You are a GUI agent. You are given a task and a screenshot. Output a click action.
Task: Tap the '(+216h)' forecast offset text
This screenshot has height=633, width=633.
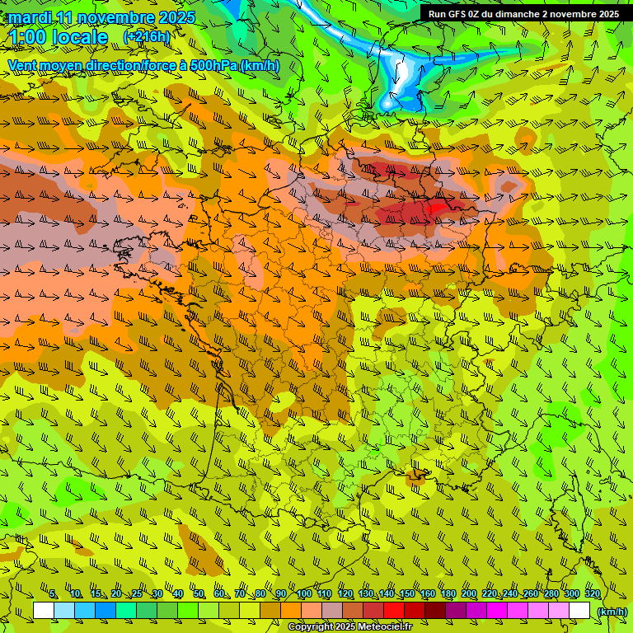(146, 37)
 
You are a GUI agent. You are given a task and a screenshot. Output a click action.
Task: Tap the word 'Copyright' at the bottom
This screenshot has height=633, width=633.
(312, 627)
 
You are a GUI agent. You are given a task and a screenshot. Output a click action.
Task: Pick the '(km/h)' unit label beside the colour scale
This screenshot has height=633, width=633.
(611, 611)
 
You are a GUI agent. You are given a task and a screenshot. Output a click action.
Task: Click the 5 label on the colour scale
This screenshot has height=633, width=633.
(54, 594)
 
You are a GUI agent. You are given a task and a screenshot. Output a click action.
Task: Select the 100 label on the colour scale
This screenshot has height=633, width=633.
(303, 594)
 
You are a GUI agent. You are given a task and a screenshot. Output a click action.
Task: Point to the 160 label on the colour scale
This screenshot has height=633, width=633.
(427, 594)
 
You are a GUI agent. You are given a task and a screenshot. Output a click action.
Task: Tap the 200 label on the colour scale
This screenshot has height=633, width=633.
(468, 594)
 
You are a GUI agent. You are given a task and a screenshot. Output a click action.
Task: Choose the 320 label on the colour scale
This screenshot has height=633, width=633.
(592, 594)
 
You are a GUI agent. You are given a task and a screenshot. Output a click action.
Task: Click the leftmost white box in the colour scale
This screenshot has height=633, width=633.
(44, 611)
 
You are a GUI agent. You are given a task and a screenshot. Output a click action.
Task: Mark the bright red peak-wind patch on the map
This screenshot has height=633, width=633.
(434, 207)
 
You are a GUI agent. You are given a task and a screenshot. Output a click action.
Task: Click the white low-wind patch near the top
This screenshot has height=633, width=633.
(405, 78)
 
